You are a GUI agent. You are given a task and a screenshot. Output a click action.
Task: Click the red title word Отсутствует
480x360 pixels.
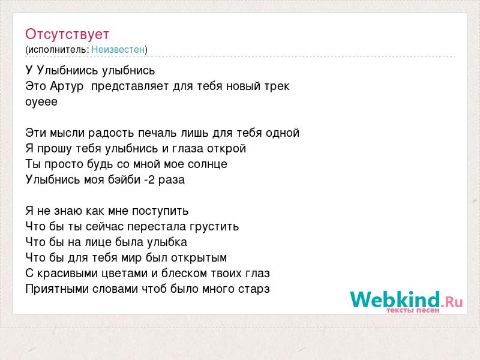(67, 34)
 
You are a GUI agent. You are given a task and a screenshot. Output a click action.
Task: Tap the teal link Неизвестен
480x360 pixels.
(118, 49)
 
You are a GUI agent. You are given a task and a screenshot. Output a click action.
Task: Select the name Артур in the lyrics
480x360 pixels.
(67, 86)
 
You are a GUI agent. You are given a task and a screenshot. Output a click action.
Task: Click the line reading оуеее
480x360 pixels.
(41, 102)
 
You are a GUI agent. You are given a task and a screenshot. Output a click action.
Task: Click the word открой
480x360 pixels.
(227, 149)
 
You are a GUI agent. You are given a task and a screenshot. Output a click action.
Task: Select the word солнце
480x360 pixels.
(208, 164)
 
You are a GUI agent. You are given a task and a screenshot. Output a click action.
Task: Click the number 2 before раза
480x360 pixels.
(151, 179)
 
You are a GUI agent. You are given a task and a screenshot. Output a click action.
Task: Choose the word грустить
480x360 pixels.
(214, 227)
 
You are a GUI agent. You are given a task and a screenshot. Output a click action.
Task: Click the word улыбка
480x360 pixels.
(167, 242)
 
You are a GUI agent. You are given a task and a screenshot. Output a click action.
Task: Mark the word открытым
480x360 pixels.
(199, 258)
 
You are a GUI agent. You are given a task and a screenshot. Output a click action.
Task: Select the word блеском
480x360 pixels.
(182, 274)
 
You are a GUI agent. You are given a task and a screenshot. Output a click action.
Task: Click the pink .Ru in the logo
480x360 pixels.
(452, 302)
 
